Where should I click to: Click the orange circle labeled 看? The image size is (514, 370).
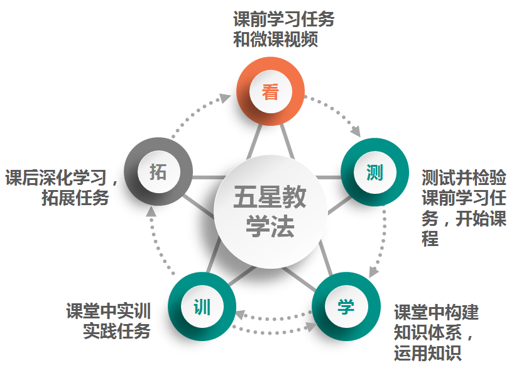coord(270,93)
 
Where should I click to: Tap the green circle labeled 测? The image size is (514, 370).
coord(375,172)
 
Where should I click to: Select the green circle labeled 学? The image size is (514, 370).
coord(346,306)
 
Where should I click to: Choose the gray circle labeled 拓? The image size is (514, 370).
coord(158,171)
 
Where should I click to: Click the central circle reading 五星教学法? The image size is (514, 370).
coord(270,211)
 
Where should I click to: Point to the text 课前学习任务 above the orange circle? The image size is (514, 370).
coord(284,19)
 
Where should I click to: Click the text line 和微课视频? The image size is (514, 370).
coord(275,40)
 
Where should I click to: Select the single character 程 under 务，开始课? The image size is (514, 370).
coord(430,239)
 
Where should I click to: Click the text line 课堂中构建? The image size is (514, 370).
coord(436,312)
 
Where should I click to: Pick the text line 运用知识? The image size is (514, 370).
coord(427,353)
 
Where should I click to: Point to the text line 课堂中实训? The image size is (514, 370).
coord(108,311)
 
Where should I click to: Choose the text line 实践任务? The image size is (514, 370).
coord(117,331)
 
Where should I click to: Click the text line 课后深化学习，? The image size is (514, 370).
coord(63,177)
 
